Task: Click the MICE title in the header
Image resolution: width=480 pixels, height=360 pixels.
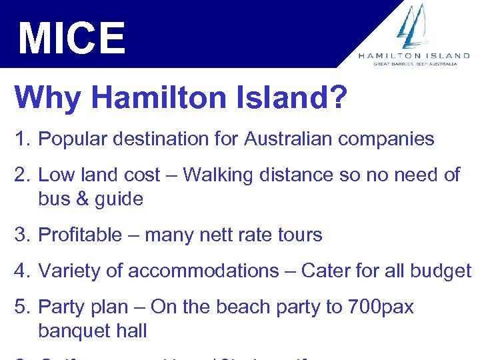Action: pyautogui.click(x=71, y=38)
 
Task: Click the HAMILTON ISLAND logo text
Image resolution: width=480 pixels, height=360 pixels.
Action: pyautogui.click(x=414, y=56)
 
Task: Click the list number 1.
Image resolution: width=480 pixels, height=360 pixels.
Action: pyautogui.click(x=23, y=139)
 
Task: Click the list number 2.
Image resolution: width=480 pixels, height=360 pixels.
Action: pyautogui.click(x=23, y=175)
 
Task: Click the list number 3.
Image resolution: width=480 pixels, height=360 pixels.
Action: pyautogui.click(x=23, y=235)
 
